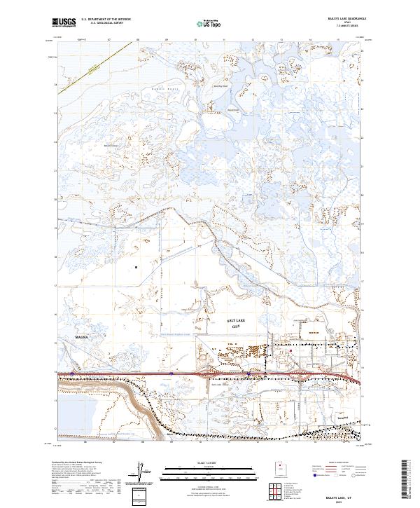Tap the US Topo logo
209,24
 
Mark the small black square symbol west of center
135,267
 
